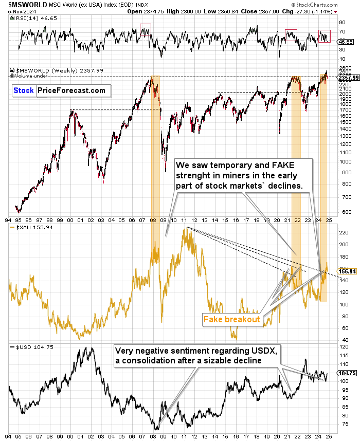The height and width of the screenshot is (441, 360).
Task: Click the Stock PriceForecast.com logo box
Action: (x=61, y=90)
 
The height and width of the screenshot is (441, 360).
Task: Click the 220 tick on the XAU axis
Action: (x=342, y=232)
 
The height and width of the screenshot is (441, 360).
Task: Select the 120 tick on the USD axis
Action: (x=342, y=347)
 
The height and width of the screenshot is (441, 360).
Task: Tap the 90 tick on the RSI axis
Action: (x=341, y=23)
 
